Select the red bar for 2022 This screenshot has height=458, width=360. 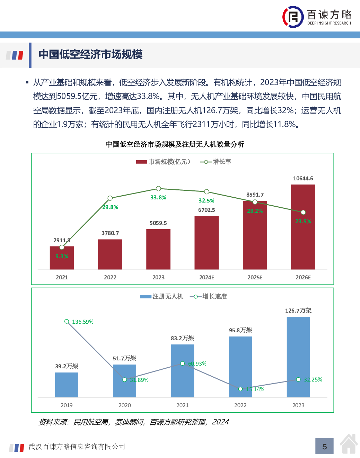click(x=110, y=254)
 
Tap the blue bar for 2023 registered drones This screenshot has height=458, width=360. click(x=298, y=357)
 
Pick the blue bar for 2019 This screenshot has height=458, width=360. click(x=67, y=385)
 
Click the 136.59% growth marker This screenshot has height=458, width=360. click(x=67, y=322)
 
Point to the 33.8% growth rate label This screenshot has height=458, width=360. click(x=158, y=197)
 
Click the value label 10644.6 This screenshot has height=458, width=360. click(x=303, y=178)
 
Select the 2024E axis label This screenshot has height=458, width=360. click(x=207, y=277)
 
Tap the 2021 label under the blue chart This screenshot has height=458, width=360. click(x=183, y=405)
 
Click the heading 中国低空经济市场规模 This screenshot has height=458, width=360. click(x=91, y=55)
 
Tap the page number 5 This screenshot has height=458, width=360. click(x=324, y=447)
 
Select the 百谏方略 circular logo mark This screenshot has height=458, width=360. click(x=293, y=17)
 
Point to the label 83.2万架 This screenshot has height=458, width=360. click(x=182, y=338)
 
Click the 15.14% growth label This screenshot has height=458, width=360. click(x=255, y=389)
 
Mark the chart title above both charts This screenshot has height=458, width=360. click(x=175, y=144)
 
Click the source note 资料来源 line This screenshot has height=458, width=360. click(x=133, y=422)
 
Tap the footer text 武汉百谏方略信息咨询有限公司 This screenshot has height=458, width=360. click(x=77, y=447)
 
